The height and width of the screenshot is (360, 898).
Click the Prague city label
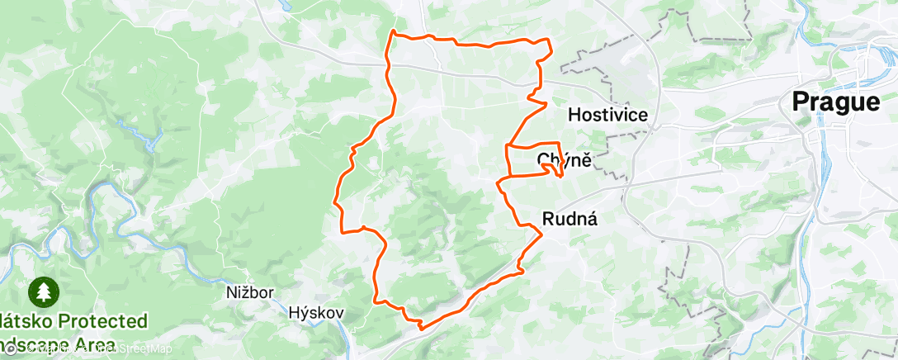836,102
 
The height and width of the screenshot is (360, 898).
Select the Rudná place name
570,219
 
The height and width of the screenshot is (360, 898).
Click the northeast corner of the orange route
548,41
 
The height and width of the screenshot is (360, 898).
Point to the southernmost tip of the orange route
420,328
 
